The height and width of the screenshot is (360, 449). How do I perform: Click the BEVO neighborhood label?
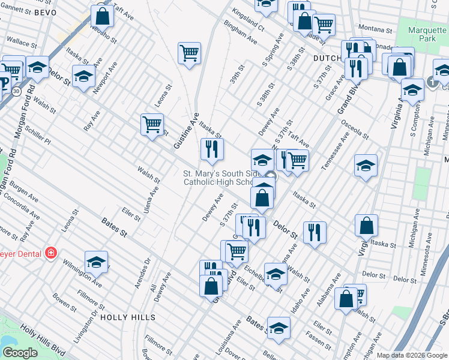(45, 12)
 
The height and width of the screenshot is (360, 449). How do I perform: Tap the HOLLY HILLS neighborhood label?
(128, 317)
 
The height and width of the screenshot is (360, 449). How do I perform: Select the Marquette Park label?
(427, 35)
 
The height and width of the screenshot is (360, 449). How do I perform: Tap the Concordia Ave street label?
(19, 212)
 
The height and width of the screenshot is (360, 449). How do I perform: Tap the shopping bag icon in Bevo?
(103, 16)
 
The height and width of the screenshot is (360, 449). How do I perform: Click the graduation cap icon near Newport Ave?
(84, 76)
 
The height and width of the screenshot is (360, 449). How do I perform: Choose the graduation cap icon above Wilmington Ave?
(96, 262)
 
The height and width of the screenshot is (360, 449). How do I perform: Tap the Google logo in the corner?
(20, 352)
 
